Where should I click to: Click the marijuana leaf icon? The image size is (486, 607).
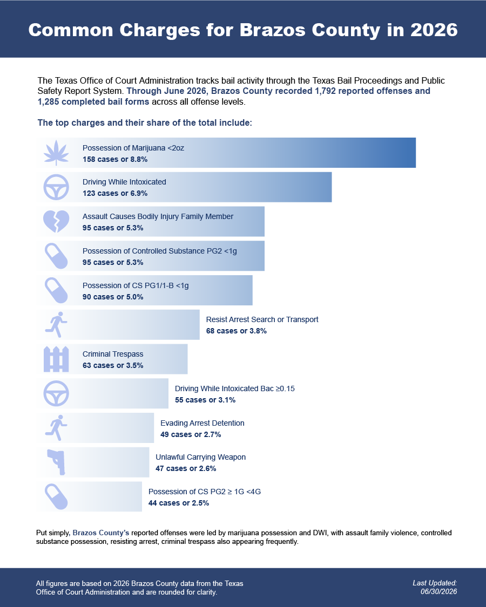[x=56, y=153]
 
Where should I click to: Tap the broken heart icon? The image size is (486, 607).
[x=56, y=221]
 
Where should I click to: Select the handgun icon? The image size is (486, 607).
[x=57, y=462]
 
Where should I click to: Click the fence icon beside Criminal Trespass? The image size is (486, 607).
[x=56, y=359]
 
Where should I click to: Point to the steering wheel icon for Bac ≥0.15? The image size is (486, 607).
[x=56, y=393]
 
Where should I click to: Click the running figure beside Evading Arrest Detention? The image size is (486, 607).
[x=56, y=428]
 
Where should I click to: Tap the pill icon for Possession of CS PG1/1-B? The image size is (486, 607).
[x=56, y=290]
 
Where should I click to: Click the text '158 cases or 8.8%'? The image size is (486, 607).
[x=115, y=159]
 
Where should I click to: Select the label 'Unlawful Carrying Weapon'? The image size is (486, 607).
[x=200, y=457]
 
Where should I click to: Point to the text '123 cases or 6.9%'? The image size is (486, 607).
[x=115, y=193]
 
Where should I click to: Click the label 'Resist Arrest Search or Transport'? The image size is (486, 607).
[x=262, y=319]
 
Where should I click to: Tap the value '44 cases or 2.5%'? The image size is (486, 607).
[x=179, y=503]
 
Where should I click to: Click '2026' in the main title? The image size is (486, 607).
[x=434, y=30]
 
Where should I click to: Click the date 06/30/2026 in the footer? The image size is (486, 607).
[x=438, y=591]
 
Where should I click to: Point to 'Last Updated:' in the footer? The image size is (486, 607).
[x=435, y=583]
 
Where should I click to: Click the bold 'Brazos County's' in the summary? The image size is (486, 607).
[x=101, y=533]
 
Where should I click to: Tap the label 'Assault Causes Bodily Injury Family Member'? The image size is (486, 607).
[x=158, y=216]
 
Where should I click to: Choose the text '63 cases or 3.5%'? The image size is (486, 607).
[x=113, y=365]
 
